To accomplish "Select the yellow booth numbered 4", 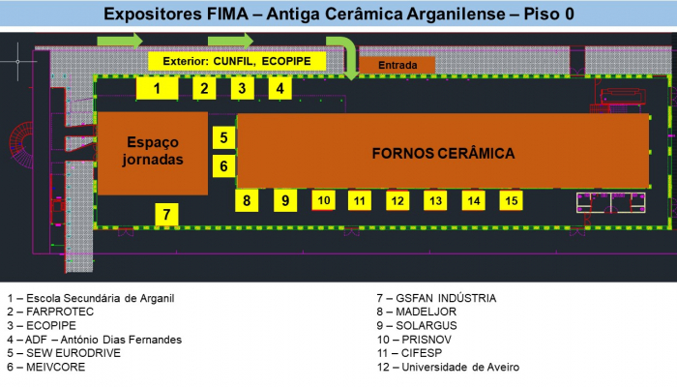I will coord(279,88).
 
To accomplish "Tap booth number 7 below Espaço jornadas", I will coord(166,214).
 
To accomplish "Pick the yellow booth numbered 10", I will coord(324,200).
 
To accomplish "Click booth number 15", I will coord(512,200).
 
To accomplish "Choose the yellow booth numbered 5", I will coord(223,137).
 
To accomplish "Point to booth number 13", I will coord(436,200).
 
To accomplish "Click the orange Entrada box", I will coord(397,65).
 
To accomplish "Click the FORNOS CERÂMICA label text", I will coord(443,153).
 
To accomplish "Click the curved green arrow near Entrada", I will coord(341,46).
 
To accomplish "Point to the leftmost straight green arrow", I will coord(120,40).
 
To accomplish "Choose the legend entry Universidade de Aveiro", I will coord(448,367).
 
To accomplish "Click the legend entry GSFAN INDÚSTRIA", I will coord(436,298).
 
